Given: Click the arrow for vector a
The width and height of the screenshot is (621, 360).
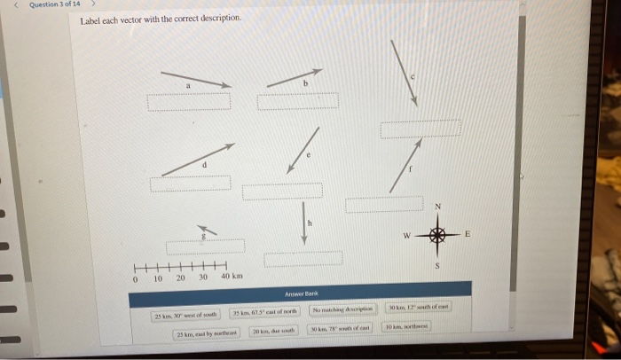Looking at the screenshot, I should point(195,79).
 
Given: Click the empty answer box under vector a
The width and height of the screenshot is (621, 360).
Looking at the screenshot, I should point(189,101).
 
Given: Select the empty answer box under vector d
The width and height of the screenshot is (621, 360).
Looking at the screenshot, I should point(190,184).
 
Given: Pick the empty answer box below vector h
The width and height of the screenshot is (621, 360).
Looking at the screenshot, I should point(303,258).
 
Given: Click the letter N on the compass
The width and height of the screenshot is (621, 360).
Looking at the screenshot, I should point(436,207).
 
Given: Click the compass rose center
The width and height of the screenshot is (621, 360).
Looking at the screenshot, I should point(436,235).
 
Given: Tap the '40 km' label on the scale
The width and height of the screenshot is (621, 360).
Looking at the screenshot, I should point(231,277).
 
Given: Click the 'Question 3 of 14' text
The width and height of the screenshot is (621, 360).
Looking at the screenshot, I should point(55,4).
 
